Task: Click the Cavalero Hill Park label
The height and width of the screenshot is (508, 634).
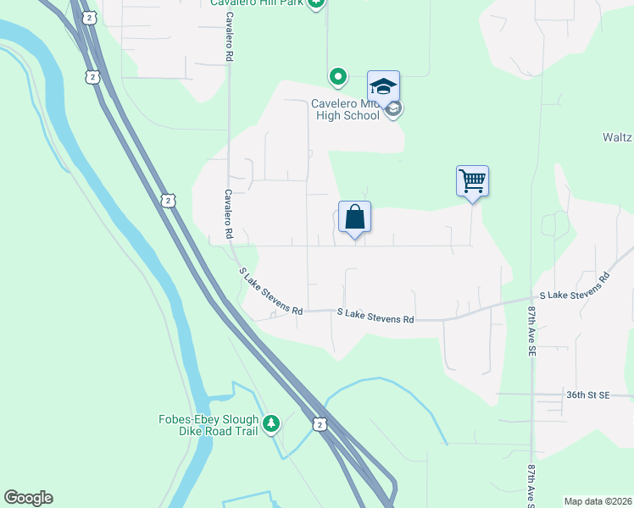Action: click(x=257, y=3)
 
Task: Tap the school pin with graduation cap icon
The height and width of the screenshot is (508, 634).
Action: click(x=383, y=86)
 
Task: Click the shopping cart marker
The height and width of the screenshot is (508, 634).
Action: click(x=472, y=180)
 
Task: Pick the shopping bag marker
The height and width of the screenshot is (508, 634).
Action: click(x=354, y=217)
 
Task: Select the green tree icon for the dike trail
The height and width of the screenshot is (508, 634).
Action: click(x=271, y=422)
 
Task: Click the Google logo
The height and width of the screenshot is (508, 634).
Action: click(x=28, y=498)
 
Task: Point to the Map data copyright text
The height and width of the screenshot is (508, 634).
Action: click(x=598, y=501)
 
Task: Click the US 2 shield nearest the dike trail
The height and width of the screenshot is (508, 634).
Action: click(x=319, y=424)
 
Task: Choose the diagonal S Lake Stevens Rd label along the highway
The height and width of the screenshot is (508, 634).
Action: click(x=270, y=291)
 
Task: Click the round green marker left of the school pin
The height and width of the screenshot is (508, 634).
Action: click(x=337, y=78)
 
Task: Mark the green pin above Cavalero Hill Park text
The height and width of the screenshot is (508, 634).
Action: click(x=316, y=3)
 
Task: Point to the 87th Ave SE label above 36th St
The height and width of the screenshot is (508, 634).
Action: click(x=532, y=330)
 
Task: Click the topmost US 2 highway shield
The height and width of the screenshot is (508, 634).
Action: click(x=92, y=77)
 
